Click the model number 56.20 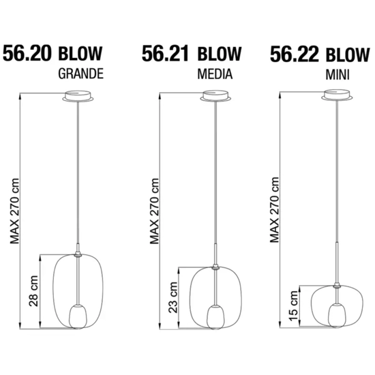(29, 53)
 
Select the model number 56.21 (166, 53)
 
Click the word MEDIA (213, 75)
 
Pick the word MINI (337, 75)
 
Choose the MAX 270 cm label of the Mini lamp (276, 207)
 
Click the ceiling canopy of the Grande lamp (80, 97)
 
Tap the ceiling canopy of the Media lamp (217, 97)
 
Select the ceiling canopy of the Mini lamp (336, 97)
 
